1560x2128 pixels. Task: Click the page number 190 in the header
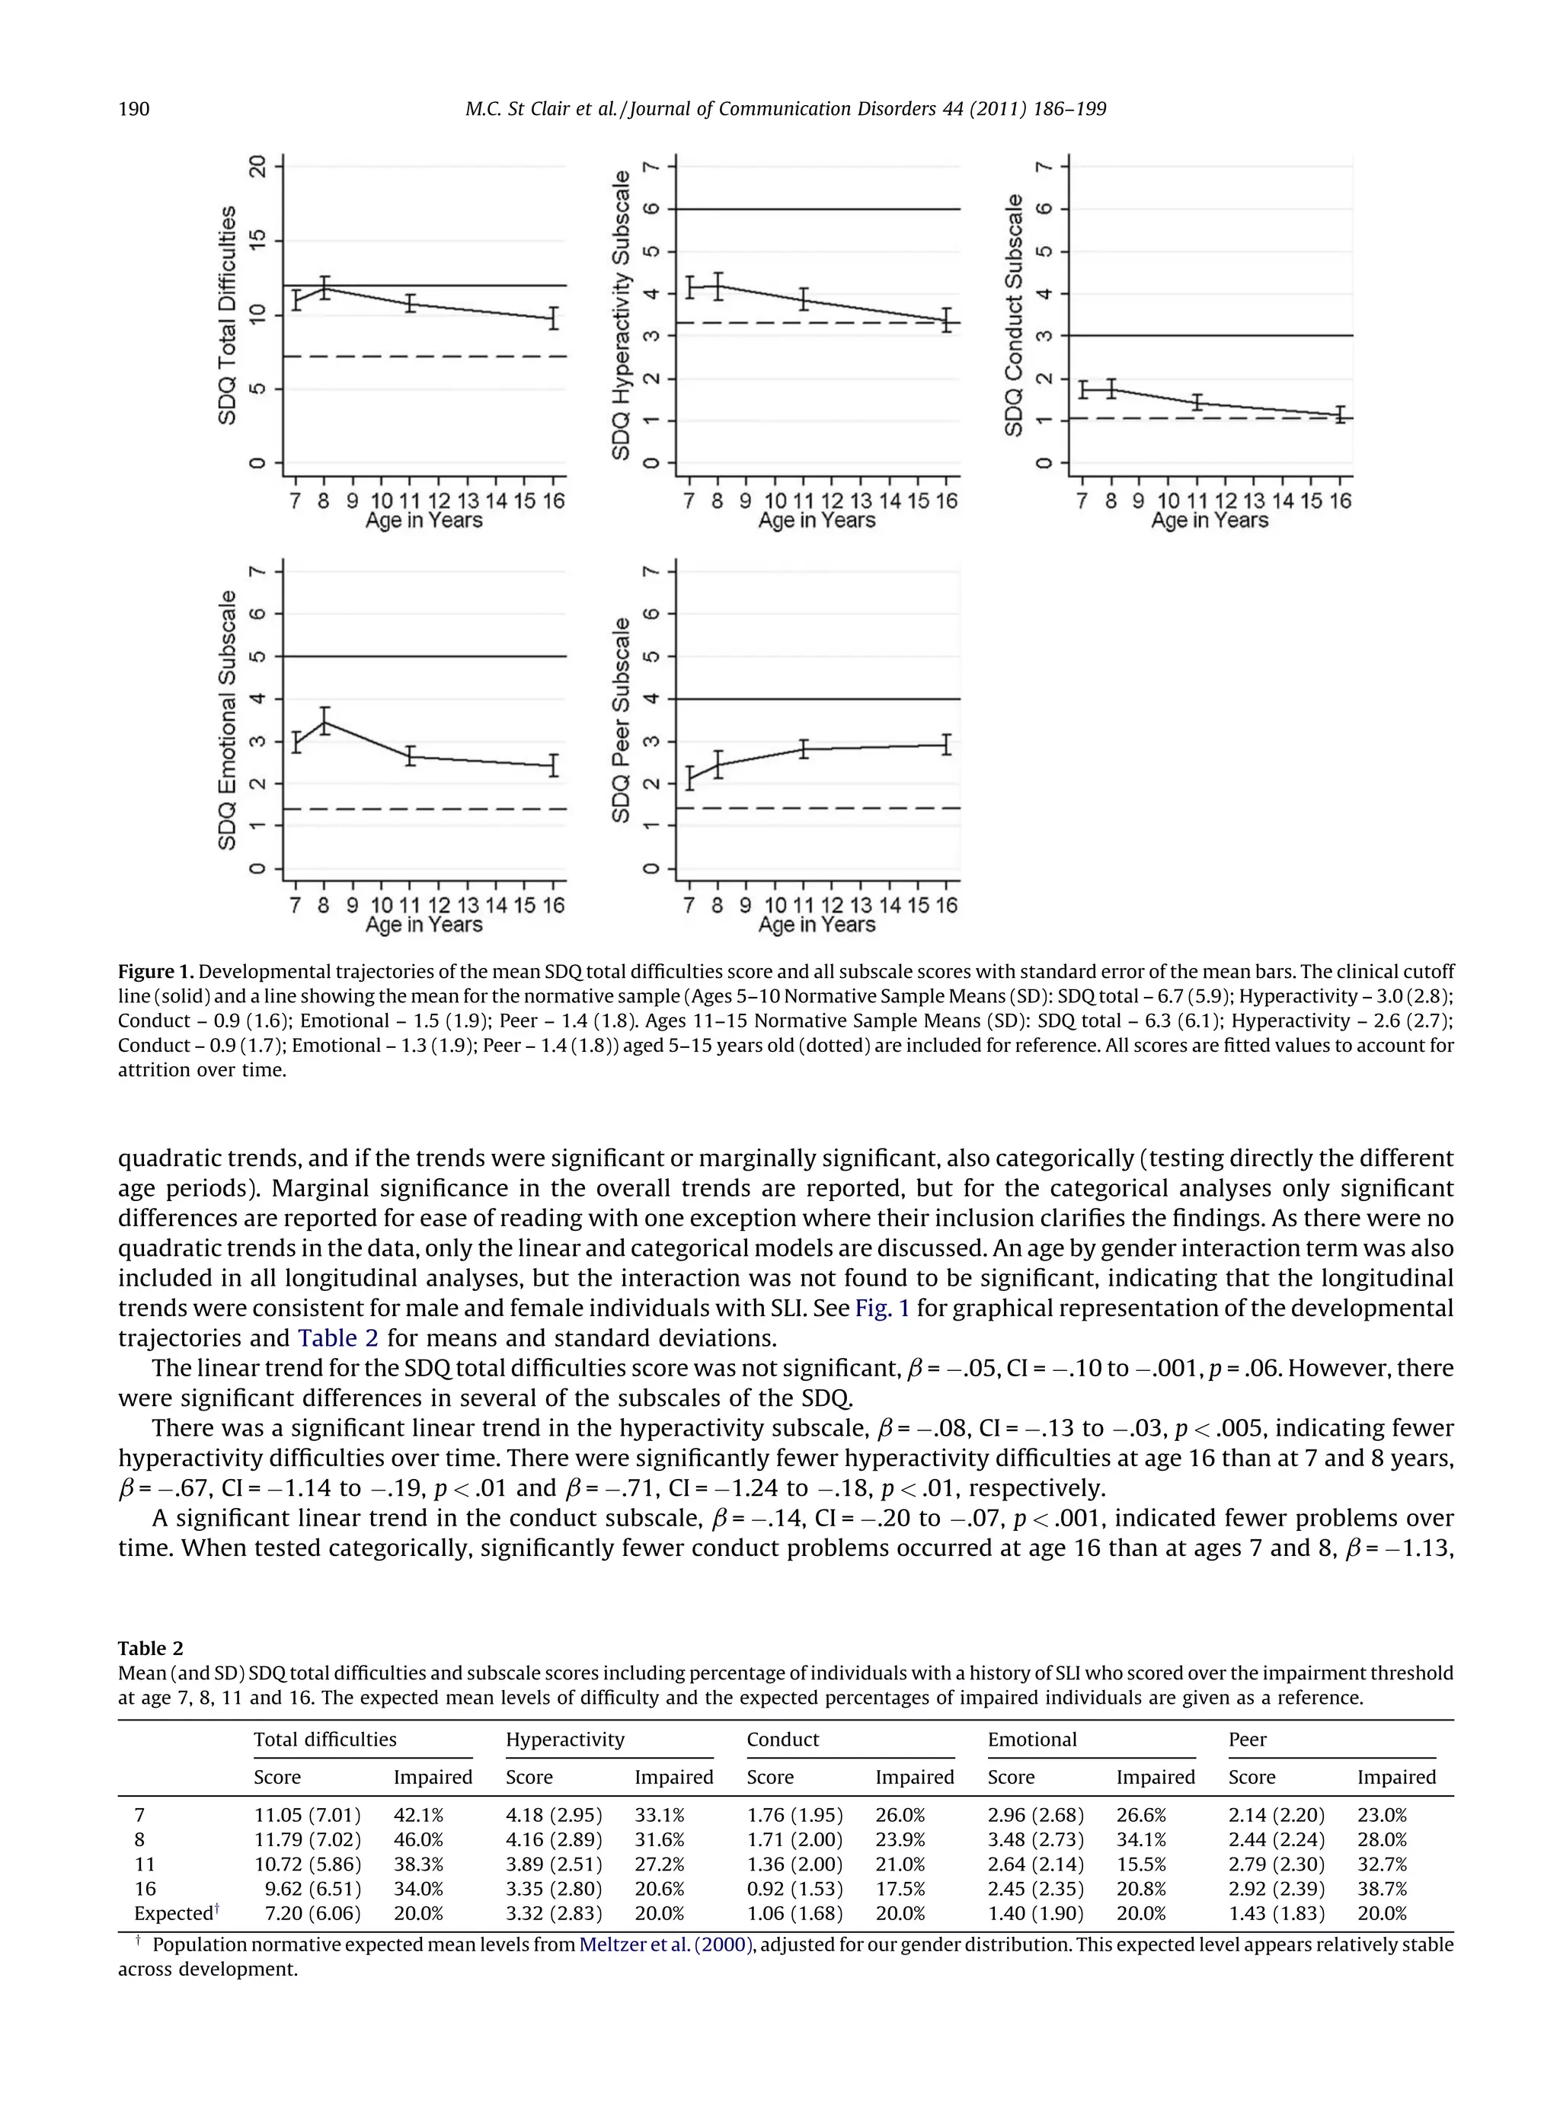point(133,110)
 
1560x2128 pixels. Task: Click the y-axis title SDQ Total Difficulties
point(228,315)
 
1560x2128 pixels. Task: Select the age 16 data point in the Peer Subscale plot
point(946,745)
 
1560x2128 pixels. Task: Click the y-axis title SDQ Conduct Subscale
point(1014,315)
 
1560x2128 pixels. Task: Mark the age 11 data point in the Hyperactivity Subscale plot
point(804,299)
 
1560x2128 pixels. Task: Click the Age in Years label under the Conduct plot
point(1209,521)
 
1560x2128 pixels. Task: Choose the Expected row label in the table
point(174,1912)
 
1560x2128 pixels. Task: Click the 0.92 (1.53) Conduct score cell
point(794,1888)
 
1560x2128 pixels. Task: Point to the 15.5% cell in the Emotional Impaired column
point(1141,1864)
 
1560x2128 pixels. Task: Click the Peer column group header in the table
point(1248,1739)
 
